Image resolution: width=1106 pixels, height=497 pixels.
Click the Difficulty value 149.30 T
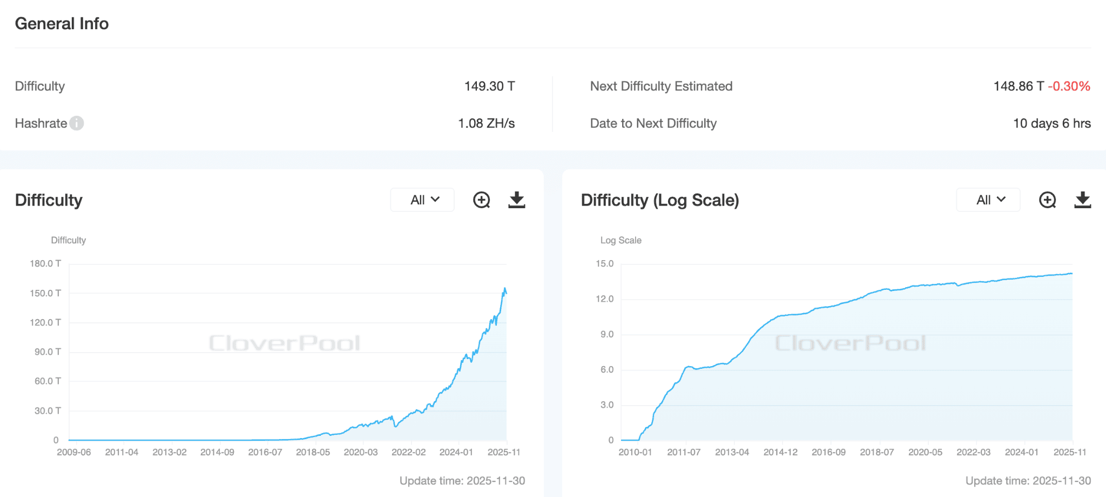489,87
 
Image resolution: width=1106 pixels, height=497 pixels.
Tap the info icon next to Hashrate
77,123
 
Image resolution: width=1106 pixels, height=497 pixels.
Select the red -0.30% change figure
1069,87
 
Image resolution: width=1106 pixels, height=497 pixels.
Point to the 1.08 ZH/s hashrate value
486,123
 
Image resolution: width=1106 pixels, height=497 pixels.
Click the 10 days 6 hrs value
1051,123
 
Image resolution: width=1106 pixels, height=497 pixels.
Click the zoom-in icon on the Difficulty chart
481,200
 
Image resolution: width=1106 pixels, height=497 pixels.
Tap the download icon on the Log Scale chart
1082,200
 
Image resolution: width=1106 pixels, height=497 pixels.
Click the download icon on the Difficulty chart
516,200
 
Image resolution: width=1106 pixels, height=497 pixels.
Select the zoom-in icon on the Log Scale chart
1047,200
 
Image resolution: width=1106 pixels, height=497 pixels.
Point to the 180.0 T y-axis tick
45,264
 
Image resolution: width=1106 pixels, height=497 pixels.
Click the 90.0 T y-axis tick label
48,352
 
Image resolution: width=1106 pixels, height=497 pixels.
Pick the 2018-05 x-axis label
313,452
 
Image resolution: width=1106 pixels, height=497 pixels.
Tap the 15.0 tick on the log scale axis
605,264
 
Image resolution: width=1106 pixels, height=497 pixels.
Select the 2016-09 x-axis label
828,452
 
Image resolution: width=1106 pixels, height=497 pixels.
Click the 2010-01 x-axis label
635,452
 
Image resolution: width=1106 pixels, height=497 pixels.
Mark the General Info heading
62,24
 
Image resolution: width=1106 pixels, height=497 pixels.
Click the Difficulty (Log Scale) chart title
660,200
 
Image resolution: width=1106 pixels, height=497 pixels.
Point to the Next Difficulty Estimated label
661,87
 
